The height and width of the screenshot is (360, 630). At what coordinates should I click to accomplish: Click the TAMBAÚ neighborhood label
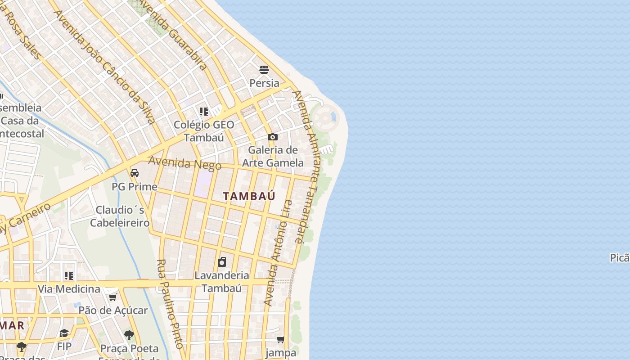[249, 196]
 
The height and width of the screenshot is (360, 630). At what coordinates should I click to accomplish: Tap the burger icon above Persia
[264, 70]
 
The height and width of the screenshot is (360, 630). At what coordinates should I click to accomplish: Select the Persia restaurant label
[264, 83]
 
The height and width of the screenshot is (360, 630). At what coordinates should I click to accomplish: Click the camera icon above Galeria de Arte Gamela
[272, 137]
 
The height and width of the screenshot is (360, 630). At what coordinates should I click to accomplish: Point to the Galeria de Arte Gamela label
[273, 156]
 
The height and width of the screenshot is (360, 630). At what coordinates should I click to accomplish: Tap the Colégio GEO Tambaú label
[204, 131]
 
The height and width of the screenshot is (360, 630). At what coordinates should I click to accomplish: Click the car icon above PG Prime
[135, 173]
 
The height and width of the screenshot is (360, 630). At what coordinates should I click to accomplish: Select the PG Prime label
[135, 187]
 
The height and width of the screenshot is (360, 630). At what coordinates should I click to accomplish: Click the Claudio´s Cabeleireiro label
[120, 216]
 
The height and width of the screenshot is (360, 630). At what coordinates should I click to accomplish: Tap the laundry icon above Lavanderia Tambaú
[222, 262]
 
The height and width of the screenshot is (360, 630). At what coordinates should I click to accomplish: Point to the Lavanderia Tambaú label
[221, 282]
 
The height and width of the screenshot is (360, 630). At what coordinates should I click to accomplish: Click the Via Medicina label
[69, 289]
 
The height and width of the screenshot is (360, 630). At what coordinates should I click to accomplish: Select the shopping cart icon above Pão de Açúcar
[112, 297]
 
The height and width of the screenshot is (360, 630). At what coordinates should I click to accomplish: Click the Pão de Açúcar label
[113, 310]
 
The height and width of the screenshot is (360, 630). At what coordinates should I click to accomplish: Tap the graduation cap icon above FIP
[64, 333]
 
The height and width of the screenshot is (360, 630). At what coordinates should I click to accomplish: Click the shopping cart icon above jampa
[281, 339]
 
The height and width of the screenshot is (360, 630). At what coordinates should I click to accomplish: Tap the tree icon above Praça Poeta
[129, 335]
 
